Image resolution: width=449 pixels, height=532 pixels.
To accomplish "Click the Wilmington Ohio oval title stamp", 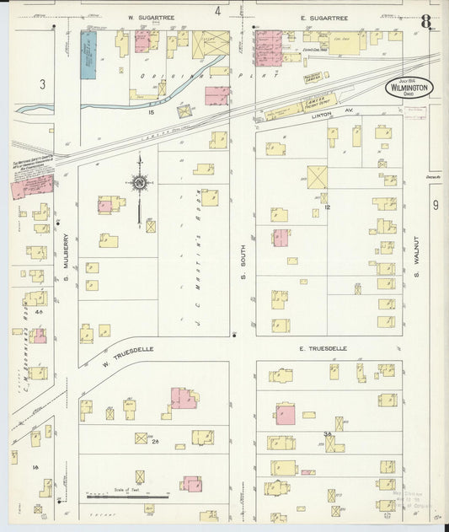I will coord(409,88).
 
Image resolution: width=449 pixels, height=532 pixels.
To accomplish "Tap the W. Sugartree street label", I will coord(144,17).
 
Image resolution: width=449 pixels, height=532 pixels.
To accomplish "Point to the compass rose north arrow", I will coord(140,181).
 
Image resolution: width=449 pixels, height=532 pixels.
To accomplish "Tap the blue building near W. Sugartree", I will coord(88,56).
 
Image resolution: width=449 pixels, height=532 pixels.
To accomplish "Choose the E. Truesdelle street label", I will coord(323,347).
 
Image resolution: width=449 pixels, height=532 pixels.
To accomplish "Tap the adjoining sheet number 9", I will coord(436,205).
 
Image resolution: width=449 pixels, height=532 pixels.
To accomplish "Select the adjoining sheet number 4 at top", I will coord(217,11).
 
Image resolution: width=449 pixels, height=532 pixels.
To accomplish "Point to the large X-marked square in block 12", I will coord(318,177).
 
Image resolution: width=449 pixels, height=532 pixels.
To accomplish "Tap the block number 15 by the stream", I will coord(150,111).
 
